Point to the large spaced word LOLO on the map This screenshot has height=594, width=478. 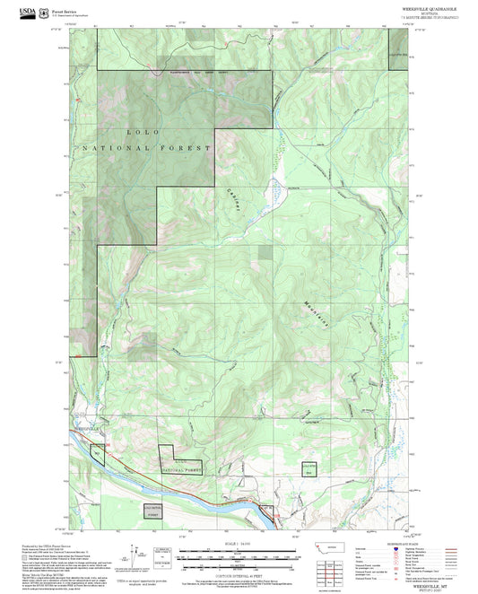[x=136, y=132]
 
